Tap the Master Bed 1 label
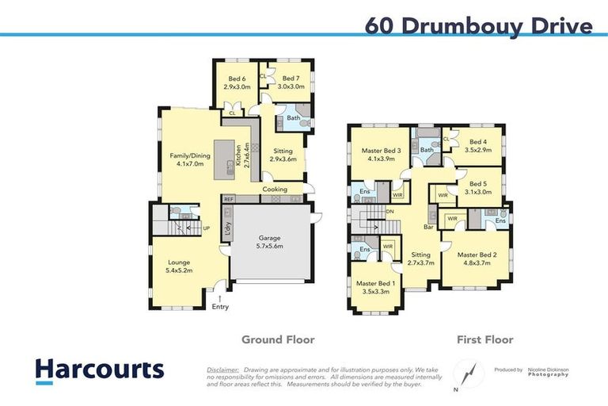coord(375,288)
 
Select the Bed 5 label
coord(478,187)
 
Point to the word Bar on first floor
coord(430,228)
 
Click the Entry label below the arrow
coord(220,308)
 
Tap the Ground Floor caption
coord(278,339)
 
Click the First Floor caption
coord(484,339)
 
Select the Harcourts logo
coord(100,370)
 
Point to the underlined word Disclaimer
coord(223,370)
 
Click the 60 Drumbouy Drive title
coord(479,25)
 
